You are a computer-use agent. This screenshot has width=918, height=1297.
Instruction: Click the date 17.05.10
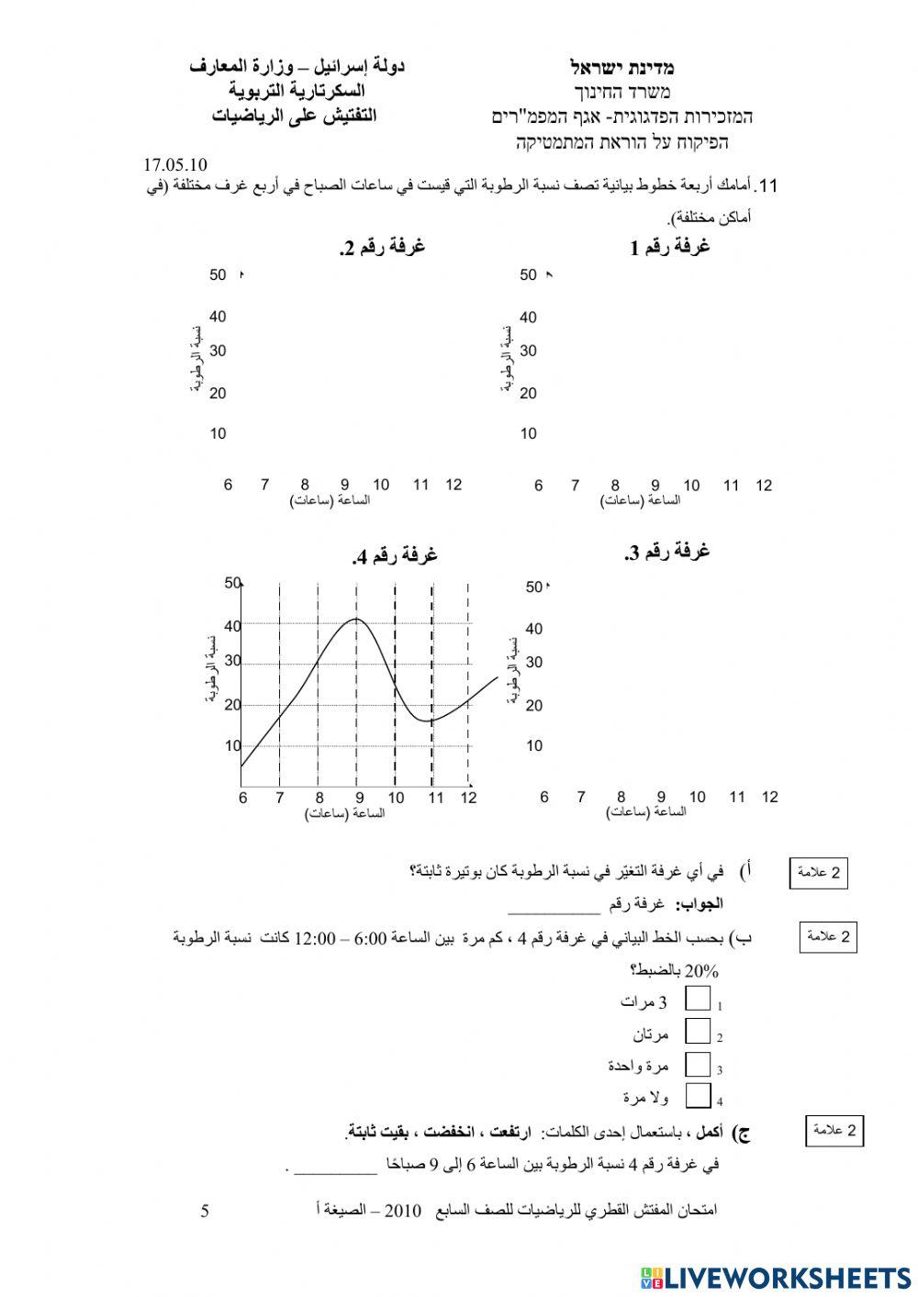(175, 165)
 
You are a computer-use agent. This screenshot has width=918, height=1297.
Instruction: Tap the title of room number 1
(670, 247)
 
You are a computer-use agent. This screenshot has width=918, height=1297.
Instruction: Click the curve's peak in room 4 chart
(356, 619)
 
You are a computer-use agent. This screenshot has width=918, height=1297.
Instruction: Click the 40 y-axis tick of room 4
(232, 626)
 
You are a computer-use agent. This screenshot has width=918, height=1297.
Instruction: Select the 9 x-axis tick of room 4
(359, 798)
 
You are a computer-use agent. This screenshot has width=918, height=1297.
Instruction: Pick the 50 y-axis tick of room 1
(528, 274)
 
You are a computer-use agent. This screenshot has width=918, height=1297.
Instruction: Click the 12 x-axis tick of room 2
(453, 485)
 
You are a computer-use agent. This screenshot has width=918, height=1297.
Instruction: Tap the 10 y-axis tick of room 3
(534, 745)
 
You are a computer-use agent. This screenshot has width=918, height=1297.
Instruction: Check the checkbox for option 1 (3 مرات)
(698, 1000)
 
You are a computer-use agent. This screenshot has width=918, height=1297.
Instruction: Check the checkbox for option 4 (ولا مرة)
(698, 1096)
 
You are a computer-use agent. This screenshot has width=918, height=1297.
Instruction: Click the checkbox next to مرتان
(698, 1032)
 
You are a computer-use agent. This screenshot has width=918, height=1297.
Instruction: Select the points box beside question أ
(818, 873)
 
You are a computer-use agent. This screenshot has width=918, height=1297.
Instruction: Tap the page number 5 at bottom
(205, 1211)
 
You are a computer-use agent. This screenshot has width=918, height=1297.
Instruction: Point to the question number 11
(769, 186)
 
